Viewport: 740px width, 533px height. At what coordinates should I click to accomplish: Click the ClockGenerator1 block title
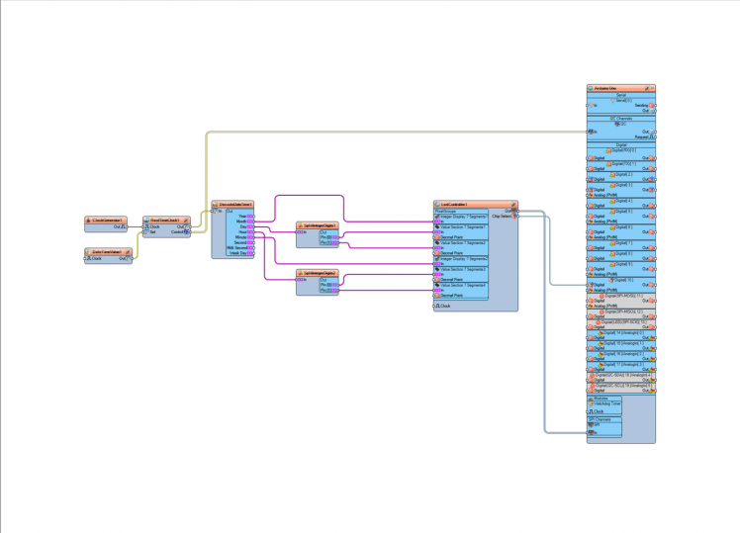pyautogui.click(x=106, y=220)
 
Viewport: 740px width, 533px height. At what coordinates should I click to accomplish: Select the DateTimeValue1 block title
pyautogui.click(x=106, y=251)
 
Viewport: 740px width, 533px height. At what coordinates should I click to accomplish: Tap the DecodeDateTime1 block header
pyautogui.click(x=234, y=205)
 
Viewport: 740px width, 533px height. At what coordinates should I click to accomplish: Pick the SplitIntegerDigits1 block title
pyautogui.click(x=320, y=225)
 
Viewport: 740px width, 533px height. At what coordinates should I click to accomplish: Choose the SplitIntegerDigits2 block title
pyautogui.click(x=320, y=273)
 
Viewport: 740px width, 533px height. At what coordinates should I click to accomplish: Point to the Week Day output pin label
pyautogui.click(x=238, y=253)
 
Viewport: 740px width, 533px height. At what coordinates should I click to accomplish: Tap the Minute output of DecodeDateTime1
pyautogui.click(x=240, y=237)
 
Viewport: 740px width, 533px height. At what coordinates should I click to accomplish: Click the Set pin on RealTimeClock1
pyautogui.click(x=152, y=232)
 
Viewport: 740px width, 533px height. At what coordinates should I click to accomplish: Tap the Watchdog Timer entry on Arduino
pyautogui.click(x=620, y=404)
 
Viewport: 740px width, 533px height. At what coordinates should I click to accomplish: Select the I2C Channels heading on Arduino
pyautogui.click(x=620, y=118)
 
